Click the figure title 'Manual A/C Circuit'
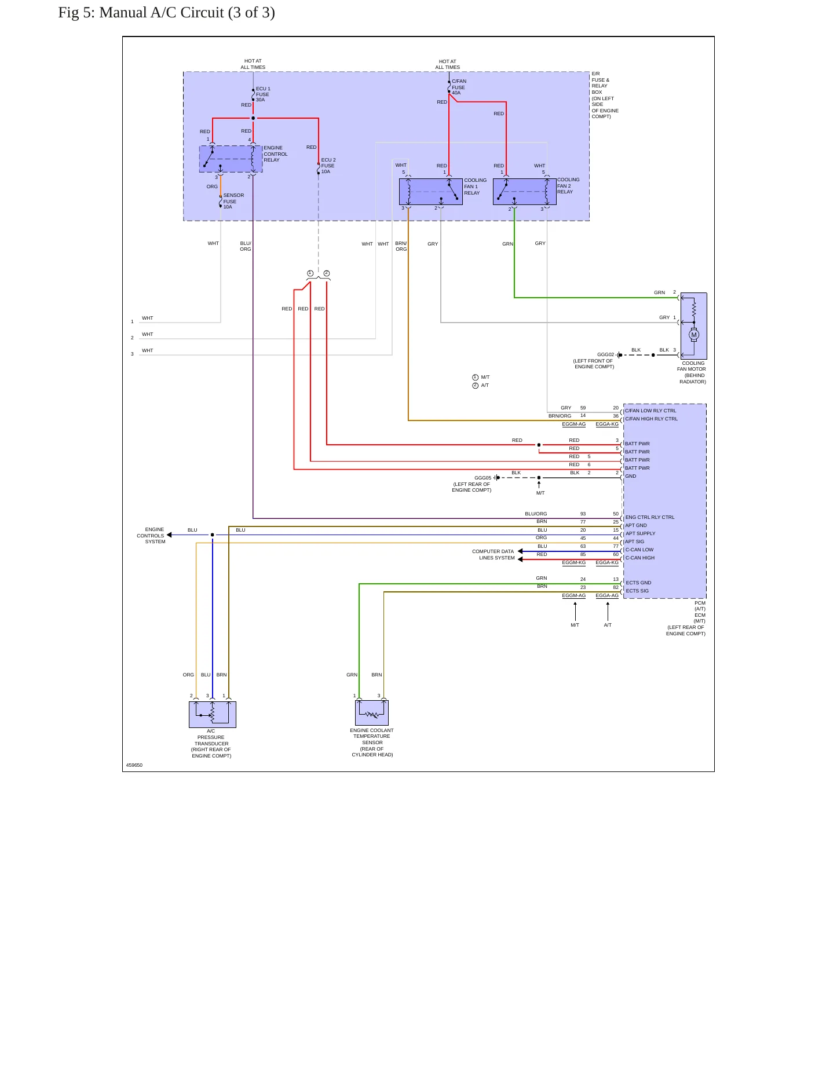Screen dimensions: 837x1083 click(x=162, y=13)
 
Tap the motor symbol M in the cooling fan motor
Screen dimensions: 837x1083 click(x=694, y=335)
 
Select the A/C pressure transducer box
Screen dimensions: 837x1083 click(x=213, y=715)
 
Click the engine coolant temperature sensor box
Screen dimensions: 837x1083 click(x=372, y=713)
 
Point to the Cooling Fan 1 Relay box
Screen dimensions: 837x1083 click(x=431, y=192)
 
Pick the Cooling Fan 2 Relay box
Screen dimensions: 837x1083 click(x=525, y=192)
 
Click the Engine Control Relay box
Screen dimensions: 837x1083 click(x=231, y=159)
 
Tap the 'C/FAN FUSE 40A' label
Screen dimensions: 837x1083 click(x=459, y=87)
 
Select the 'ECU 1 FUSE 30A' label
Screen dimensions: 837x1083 click(x=263, y=94)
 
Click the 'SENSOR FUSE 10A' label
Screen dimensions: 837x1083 click(x=233, y=201)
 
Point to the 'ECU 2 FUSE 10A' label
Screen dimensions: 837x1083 click(x=328, y=166)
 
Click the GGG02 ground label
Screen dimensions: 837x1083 click(x=605, y=354)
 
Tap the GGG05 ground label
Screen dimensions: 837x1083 click(x=483, y=478)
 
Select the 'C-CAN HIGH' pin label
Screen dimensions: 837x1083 click(x=640, y=558)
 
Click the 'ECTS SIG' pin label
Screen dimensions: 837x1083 click(x=637, y=591)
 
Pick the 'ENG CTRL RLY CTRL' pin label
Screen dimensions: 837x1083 click(x=650, y=517)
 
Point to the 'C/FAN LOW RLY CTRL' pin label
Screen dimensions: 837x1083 click(x=650, y=411)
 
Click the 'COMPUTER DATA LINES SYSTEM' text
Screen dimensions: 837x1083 click(x=494, y=555)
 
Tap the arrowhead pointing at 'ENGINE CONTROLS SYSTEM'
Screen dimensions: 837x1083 click(x=169, y=535)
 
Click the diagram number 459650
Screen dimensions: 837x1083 click(x=134, y=765)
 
